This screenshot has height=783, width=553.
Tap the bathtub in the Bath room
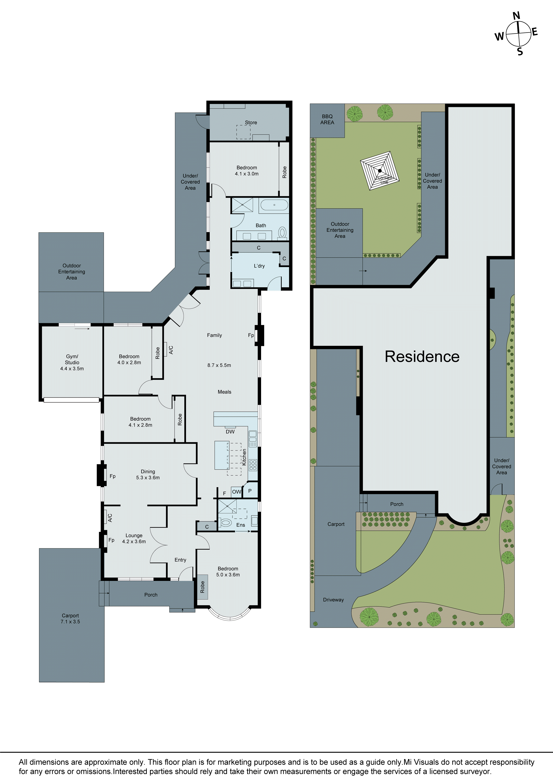274,205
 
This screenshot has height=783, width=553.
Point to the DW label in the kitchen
230,432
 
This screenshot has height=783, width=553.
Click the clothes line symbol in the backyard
380,171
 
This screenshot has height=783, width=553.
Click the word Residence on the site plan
422,357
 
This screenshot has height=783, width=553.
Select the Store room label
251,122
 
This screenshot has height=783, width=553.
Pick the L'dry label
259,266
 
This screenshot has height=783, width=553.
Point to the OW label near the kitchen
236,492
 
